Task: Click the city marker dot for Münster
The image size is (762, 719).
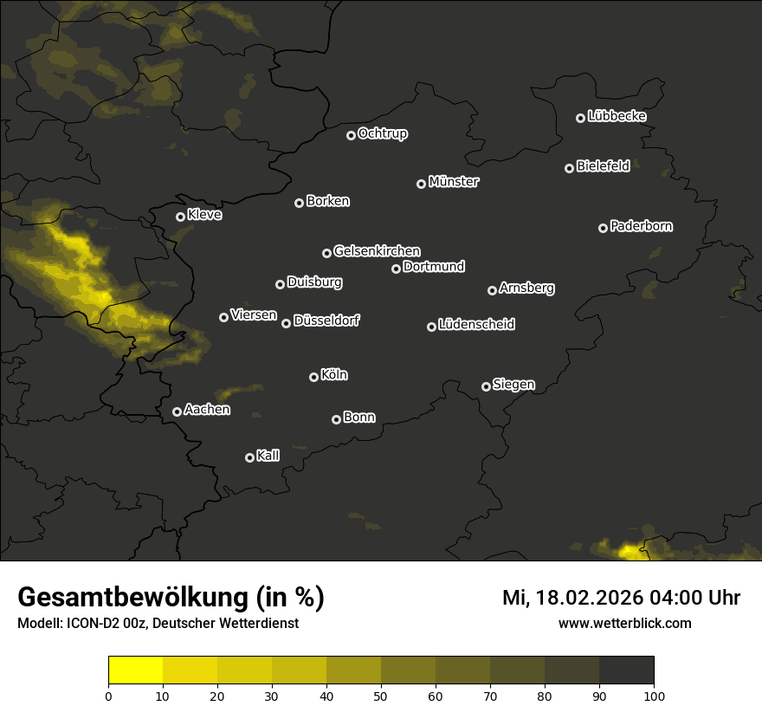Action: coord(422,184)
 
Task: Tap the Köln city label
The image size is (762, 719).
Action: coord(334,375)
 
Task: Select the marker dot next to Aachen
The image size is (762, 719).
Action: coord(178,411)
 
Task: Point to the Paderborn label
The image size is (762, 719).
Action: coord(641,226)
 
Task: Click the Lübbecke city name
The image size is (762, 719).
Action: coord(617,116)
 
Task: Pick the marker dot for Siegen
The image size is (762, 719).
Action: coord(486,386)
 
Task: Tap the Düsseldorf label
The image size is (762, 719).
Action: coord(326,321)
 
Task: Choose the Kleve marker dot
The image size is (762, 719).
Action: coord(181,217)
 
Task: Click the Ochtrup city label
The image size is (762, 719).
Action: coord(382,133)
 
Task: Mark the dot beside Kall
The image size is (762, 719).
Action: coord(249,457)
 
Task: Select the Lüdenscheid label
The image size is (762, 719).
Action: coord(476,324)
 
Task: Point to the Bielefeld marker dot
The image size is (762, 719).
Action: coord(570,168)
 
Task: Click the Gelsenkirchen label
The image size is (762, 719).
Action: coord(377,251)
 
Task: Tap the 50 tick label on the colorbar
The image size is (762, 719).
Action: coord(381,696)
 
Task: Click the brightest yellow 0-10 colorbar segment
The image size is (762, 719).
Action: coord(136,670)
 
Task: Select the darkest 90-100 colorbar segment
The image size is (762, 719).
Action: coord(626,670)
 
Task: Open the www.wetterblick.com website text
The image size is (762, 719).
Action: coord(624,623)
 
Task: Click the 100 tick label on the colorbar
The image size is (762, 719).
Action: coord(654,696)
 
